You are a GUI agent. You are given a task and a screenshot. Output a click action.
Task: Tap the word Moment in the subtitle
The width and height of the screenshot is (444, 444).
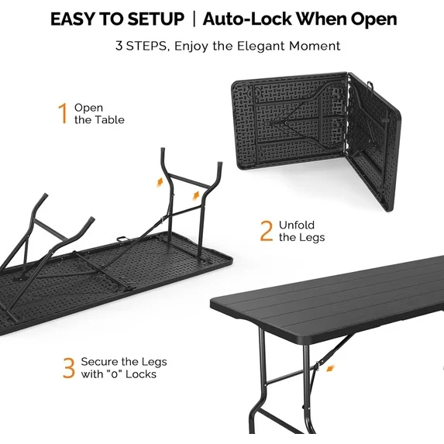[x=314, y=46]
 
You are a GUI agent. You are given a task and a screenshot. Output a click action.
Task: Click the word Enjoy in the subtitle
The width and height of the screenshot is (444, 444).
[x=191, y=46]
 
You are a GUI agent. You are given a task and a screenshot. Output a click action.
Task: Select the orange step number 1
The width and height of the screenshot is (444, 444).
[x=63, y=114]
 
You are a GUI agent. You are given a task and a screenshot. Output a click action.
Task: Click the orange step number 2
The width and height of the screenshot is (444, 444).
[x=266, y=230]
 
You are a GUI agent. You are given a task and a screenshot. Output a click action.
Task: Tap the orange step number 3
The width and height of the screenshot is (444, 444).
[x=69, y=368]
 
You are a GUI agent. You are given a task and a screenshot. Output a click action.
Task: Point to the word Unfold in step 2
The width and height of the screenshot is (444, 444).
[x=297, y=225]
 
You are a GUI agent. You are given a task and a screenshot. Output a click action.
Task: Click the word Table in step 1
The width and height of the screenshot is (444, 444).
[x=109, y=120]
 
